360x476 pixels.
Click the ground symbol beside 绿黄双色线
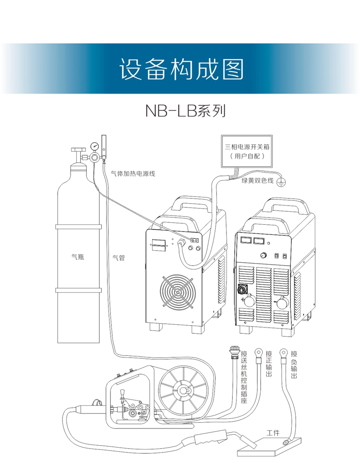pyautogui.click(x=283, y=181)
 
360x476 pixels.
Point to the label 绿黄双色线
pyautogui.click(x=257, y=181)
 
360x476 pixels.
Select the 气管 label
pyautogui.click(x=119, y=258)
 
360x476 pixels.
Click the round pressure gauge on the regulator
pyautogui.click(x=94, y=145)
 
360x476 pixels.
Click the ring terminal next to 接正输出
pyautogui.click(x=259, y=356)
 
